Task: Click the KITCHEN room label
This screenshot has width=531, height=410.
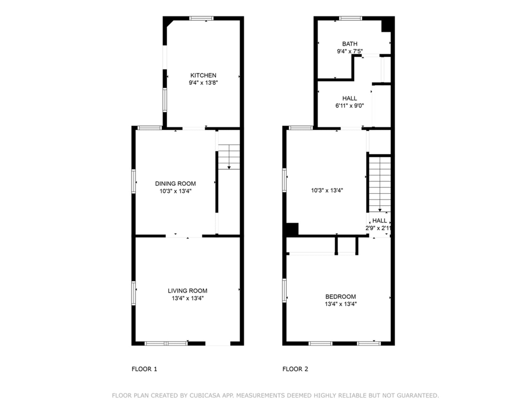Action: coord(203,75)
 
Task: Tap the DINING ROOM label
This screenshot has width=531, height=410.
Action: coord(175,183)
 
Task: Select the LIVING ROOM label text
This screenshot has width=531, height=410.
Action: coord(187,291)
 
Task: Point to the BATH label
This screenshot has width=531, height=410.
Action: coord(349,44)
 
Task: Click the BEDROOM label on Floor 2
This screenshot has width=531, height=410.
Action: coord(340,296)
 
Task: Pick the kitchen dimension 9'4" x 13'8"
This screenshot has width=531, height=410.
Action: coord(203,83)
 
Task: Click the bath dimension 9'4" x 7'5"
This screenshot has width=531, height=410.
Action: coord(349,51)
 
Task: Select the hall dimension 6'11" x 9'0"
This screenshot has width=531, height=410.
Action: coord(349,106)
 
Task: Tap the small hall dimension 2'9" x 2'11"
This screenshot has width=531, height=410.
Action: coord(378,228)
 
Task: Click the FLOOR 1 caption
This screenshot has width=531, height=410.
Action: coord(144,369)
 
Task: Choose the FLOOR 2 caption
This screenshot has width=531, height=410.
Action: coord(295,369)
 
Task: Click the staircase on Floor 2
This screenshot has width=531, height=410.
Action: coord(380,184)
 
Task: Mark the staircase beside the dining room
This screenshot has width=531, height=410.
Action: coord(229,157)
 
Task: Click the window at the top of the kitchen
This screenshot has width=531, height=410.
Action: coord(201,18)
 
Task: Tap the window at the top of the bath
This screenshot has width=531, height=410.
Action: coord(350,18)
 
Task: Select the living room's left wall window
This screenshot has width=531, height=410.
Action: coord(134,293)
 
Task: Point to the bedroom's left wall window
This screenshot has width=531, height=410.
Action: coord(284,291)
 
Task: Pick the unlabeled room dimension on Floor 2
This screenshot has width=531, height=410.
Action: coord(327,190)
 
